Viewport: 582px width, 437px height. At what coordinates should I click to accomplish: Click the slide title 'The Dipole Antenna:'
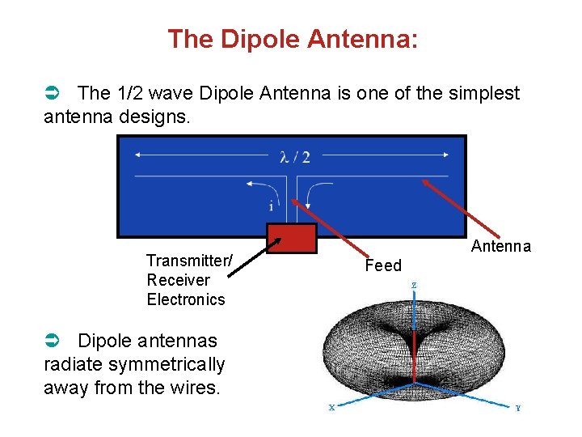(293, 39)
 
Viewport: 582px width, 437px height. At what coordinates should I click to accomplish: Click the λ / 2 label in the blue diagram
(294, 156)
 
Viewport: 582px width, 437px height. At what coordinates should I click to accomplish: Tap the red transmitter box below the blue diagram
(291, 239)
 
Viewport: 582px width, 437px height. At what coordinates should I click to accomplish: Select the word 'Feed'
(383, 265)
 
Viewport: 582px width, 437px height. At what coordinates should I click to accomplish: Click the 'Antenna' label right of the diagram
(501, 246)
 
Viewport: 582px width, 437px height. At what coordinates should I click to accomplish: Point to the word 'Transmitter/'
(189, 261)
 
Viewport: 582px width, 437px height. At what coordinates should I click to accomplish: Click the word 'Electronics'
(186, 299)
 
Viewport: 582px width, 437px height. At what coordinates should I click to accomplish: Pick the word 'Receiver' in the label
(178, 280)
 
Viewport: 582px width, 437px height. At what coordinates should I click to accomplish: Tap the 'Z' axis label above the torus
(414, 286)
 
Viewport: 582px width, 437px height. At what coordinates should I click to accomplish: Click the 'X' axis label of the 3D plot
(331, 408)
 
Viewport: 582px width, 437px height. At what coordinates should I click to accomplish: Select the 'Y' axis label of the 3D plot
(517, 408)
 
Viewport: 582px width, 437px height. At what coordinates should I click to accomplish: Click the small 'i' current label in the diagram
(270, 206)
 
